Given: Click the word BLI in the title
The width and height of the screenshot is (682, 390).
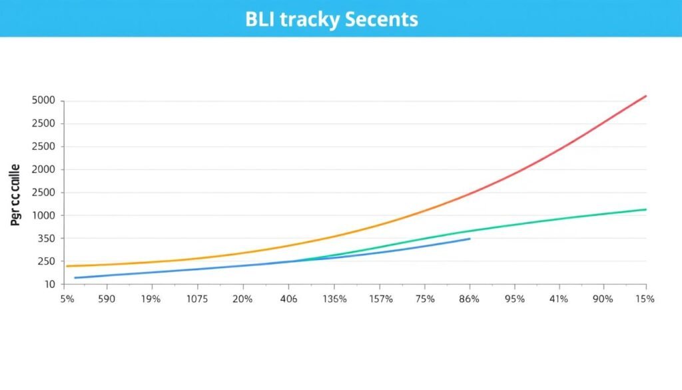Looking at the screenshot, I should tap(260, 19).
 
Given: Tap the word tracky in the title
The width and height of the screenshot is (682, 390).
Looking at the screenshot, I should tap(310, 19).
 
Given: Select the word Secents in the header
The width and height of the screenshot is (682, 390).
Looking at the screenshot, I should tap(382, 19).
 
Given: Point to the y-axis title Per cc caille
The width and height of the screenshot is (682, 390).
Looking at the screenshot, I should tap(16, 195).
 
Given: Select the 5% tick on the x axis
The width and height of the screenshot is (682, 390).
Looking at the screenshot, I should tap(67, 299).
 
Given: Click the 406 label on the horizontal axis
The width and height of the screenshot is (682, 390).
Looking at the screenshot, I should tap(288, 299).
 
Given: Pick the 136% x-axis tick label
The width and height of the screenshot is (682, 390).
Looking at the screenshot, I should tap(334, 299).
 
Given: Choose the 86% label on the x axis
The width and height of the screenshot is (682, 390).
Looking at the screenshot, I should tap(469, 299).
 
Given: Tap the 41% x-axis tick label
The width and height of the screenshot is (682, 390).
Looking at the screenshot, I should tap(558, 299).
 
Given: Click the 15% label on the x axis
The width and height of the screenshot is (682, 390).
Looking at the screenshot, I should tap(645, 299).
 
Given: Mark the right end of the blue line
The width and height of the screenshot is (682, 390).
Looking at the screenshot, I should tap(470, 239).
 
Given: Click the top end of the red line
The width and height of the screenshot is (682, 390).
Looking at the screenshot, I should tap(645, 96).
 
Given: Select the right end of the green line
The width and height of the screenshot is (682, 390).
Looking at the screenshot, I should tap(645, 209).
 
